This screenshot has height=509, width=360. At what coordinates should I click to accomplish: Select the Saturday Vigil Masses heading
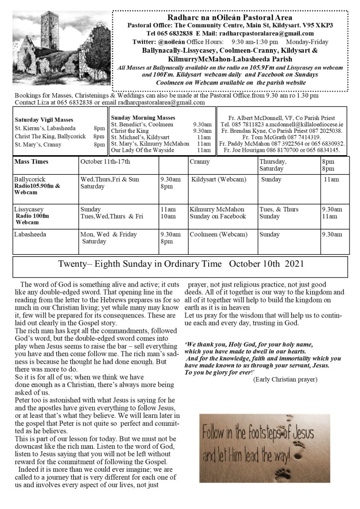click(x=44, y=120)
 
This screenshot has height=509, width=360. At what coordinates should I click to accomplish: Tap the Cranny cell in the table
click(x=200, y=162)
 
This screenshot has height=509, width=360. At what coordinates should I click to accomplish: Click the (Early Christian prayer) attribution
click(x=285, y=380)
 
